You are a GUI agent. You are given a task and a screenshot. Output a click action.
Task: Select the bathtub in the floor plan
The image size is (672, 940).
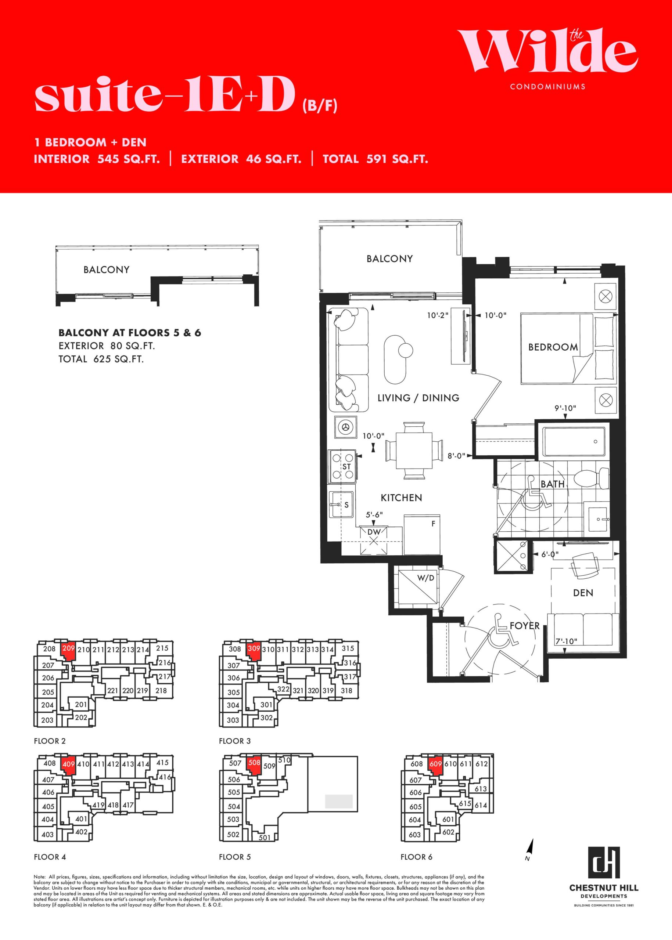pos(574,442)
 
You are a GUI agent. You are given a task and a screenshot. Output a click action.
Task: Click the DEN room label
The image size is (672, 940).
pos(583,593)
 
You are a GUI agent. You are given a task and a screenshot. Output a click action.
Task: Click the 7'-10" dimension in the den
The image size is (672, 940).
pos(566,641)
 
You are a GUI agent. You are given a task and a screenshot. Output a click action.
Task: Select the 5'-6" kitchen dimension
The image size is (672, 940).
pos(374,515)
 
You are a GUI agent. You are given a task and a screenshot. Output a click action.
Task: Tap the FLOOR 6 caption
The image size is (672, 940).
pos(416,857)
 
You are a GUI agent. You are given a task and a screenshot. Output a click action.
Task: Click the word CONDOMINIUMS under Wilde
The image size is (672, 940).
pos(548,87)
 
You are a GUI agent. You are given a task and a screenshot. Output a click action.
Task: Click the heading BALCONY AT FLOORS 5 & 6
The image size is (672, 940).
pos(130,333)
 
